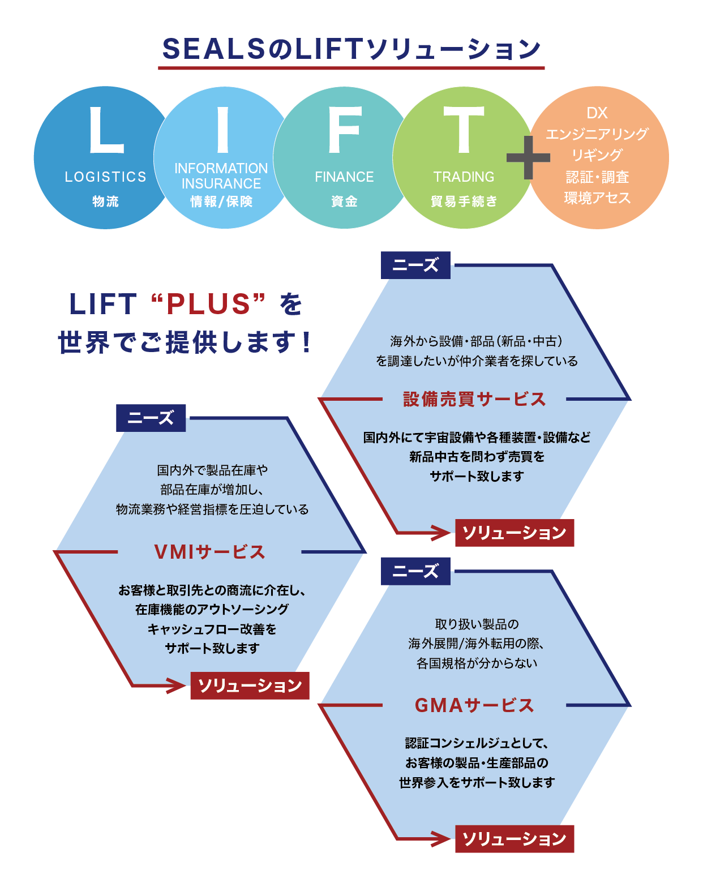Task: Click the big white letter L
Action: pyautogui.click(x=105, y=130)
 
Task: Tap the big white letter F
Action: pyautogui.click(x=344, y=130)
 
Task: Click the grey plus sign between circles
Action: pyautogui.click(x=528, y=157)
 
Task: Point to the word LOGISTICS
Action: pyautogui.click(x=105, y=177)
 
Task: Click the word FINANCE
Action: pyautogui.click(x=344, y=177)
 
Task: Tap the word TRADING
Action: pyautogui.click(x=464, y=177)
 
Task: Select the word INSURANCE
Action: pyautogui.click(x=221, y=184)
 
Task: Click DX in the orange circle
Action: pyautogui.click(x=597, y=113)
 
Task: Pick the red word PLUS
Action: pyautogui.click(x=208, y=304)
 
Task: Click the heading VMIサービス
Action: pyautogui.click(x=209, y=552)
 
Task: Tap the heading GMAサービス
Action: pyautogui.click(x=474, y=705)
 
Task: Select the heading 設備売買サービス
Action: pyautogui.click(x=474, y=399)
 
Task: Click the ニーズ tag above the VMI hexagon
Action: pyautogui.click(x=151, y=418)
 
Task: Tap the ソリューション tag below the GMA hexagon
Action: pyautogui.click(x=515, y=839)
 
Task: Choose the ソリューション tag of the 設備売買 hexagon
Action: pyautogui.click(x=515, y=533)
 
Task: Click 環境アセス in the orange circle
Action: pyautogui.click(x=597, y=198)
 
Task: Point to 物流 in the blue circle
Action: pyautogui.click(x=105, y=202)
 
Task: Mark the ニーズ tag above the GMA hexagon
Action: pyautogui.click(x=415, y=571)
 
